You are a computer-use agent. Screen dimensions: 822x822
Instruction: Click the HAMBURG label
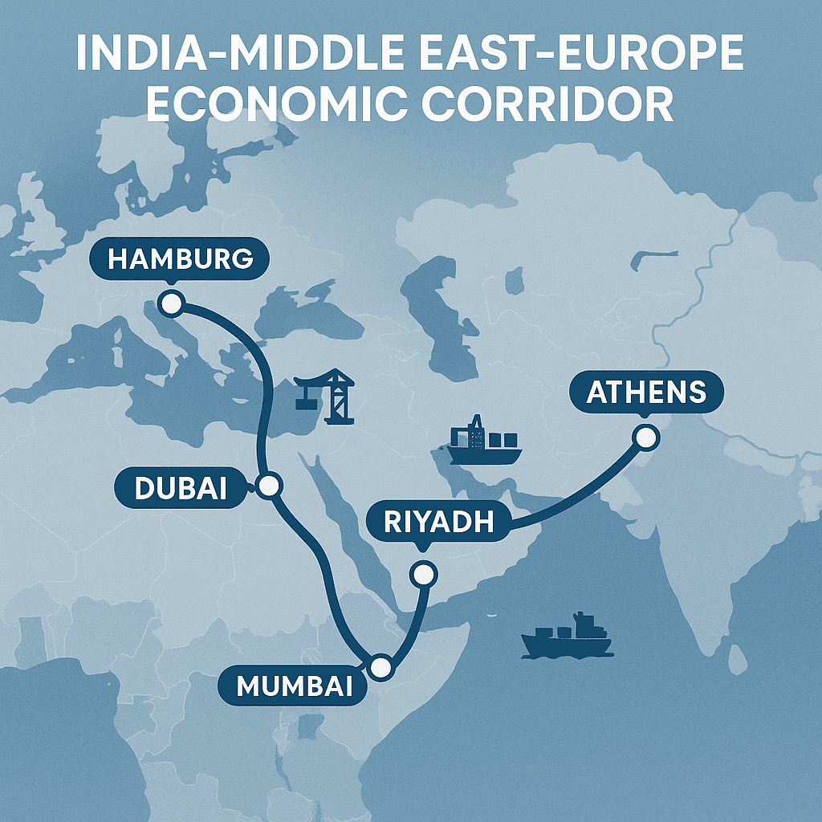click(x=180, y=259)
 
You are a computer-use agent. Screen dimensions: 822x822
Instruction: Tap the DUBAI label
click(x=181, y=488)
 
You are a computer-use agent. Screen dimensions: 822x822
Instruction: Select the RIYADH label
click(x=438, y=522)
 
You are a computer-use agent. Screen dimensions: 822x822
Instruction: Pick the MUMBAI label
click(x=295, y=685)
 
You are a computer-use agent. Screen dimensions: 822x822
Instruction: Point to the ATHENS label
click(x=646, y=392)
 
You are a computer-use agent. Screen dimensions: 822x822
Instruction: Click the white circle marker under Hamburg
click(x=172, y=303)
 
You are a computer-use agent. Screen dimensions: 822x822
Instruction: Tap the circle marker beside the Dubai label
click(x=268, y=485)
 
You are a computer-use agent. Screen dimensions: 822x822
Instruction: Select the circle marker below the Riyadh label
click(x=422, y=574)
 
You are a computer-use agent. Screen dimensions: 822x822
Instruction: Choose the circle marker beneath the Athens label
click(x=645, y=437)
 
